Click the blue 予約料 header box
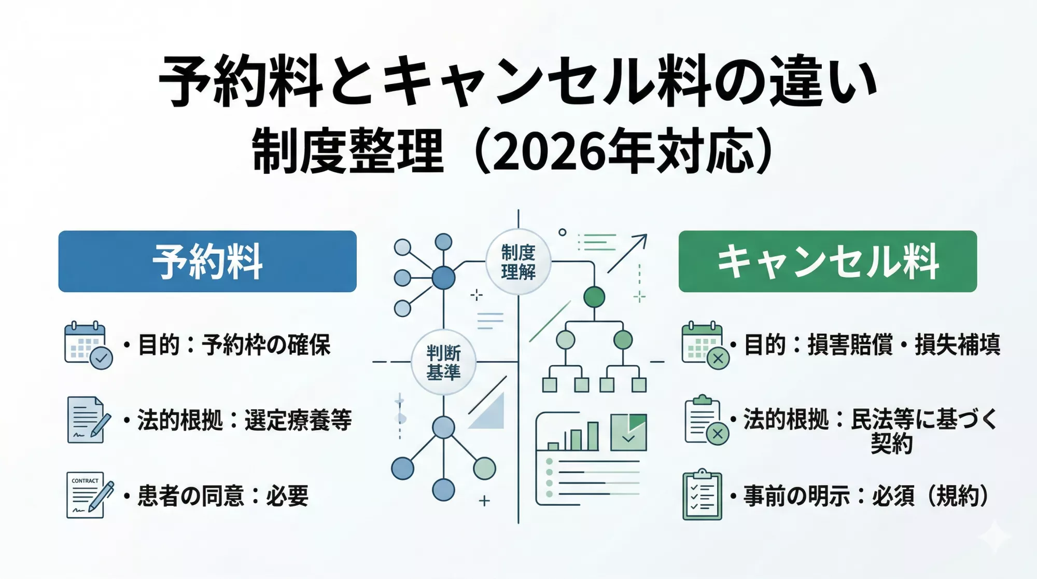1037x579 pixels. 207,261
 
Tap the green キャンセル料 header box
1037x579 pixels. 828,261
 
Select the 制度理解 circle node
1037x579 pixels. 518,262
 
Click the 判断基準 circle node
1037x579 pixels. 443,362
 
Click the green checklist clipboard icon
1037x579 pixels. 702,495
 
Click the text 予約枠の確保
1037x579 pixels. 266,345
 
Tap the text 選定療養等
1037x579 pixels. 298,420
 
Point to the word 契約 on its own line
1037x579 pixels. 891,444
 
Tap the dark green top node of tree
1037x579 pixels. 594,297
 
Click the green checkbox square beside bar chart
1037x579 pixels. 628,432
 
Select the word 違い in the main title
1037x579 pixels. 822,83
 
